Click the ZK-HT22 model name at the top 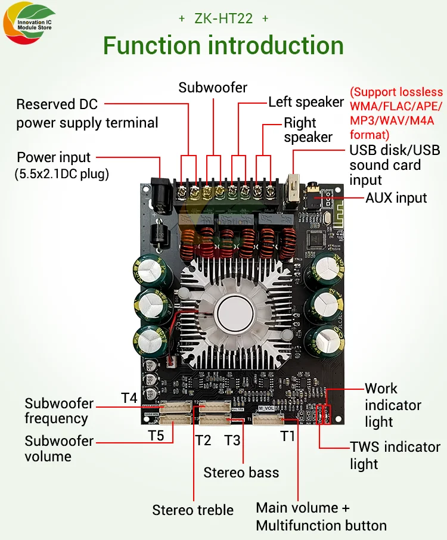pos(223,18)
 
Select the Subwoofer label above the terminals pos(213,88)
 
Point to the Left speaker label pos(306,102)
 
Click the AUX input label pos(396,197)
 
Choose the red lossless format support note pos(396,113)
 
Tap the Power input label pos(54,158)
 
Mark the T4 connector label pos(129,397)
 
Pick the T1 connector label pos(288,436)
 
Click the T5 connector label pos(156,435)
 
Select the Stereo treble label pos(193,510)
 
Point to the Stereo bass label pos(241,473)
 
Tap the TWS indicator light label pos(395,455)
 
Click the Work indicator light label pos(393,405)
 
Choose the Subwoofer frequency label pos(59,410)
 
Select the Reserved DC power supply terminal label pos(87,114)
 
